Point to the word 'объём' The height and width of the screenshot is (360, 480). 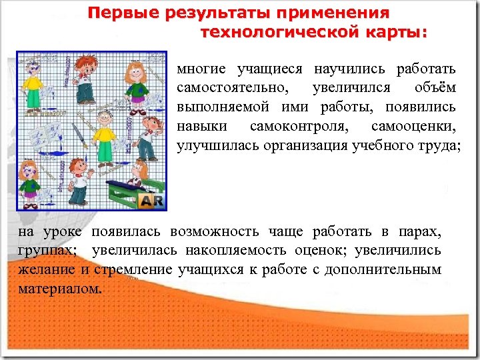(x=435, y=88)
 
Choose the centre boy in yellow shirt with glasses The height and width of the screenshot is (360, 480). (x=103, y=137)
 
